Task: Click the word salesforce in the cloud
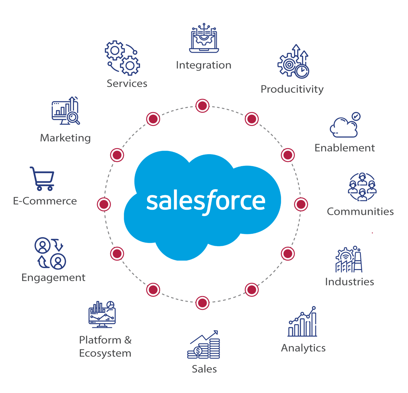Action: pos(206,201)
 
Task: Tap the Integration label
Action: pos(204,65)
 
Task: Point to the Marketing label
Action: pos(66,138)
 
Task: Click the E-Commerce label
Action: pos(45,201)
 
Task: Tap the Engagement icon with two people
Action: pos(50,253)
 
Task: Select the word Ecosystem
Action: pos(105,353)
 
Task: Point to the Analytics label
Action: pos(303,348)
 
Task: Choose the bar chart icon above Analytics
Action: pos(302,322)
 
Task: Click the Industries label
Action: pos(350,282)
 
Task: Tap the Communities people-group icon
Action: pos(362,187)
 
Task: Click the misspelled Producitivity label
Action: pos(292,89)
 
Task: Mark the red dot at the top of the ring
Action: pos(202,106)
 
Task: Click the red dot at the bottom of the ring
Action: pos(202,303)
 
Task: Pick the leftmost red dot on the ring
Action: pos(104,204)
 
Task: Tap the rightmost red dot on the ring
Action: pos(301,204)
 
